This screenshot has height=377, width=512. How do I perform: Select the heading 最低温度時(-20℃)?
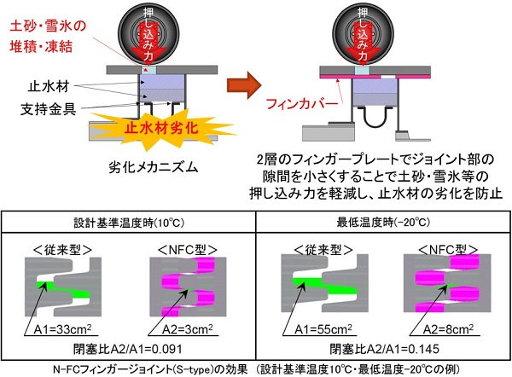[x=385, y=224]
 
